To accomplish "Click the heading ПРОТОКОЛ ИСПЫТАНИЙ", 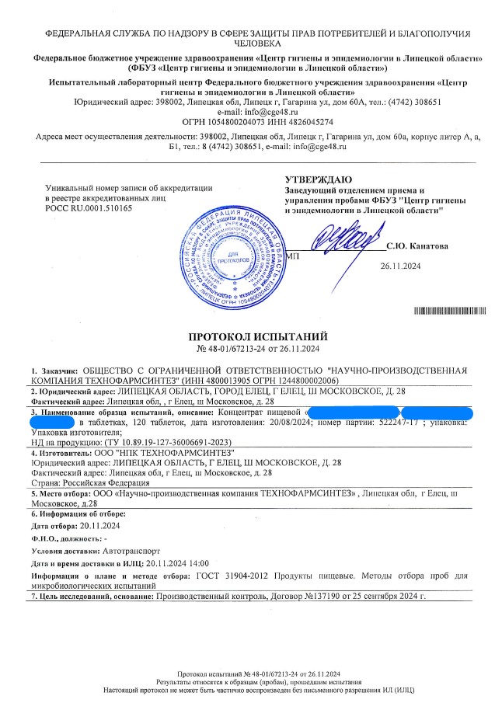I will coord(259,336).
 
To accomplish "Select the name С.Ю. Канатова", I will coord(418,245).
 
